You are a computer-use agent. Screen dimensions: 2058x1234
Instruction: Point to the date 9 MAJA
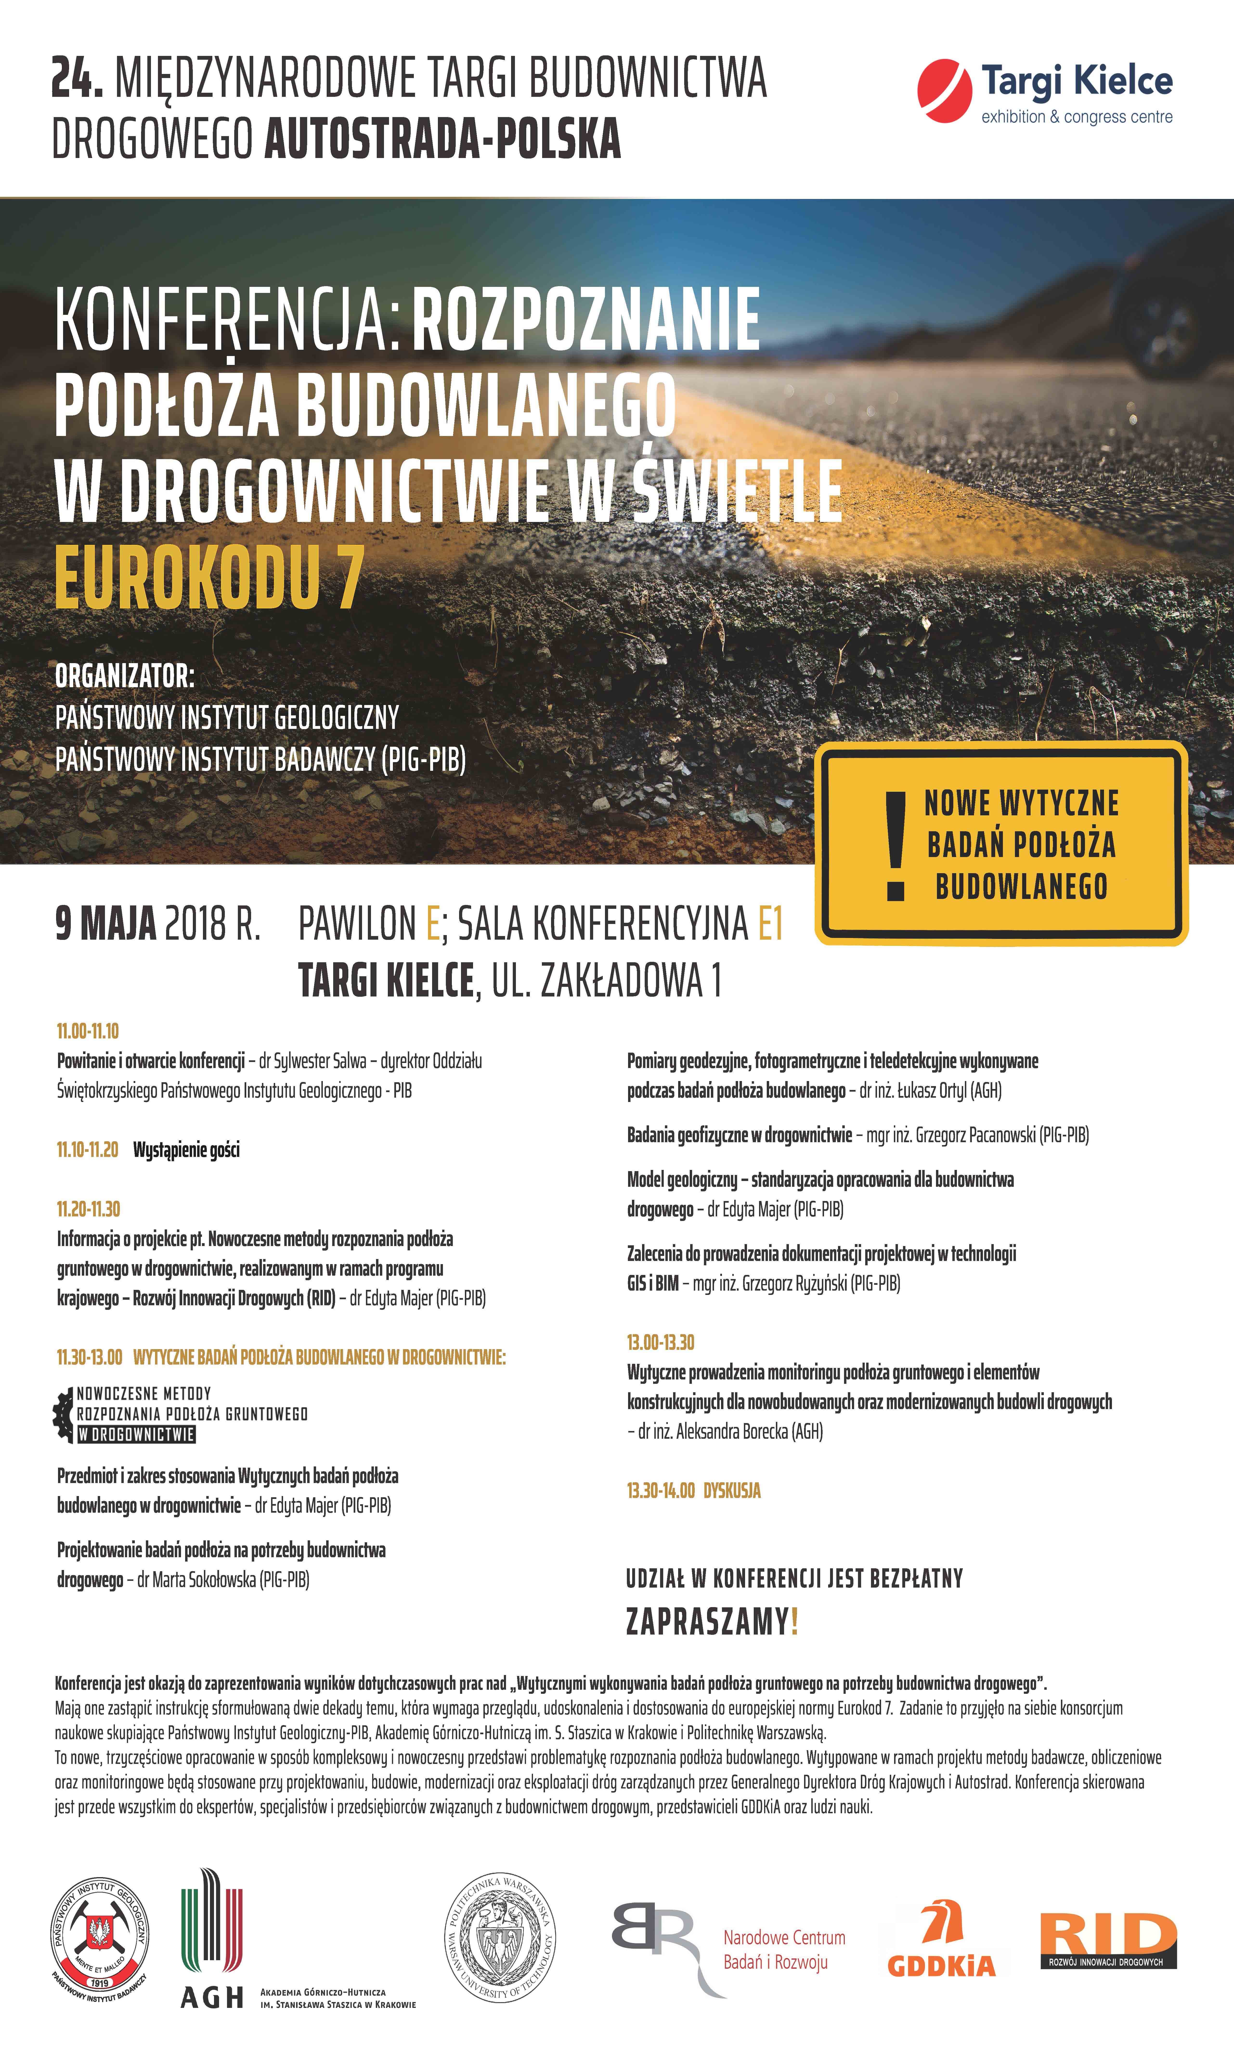106,923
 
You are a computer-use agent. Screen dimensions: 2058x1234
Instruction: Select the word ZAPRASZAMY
707,1621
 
